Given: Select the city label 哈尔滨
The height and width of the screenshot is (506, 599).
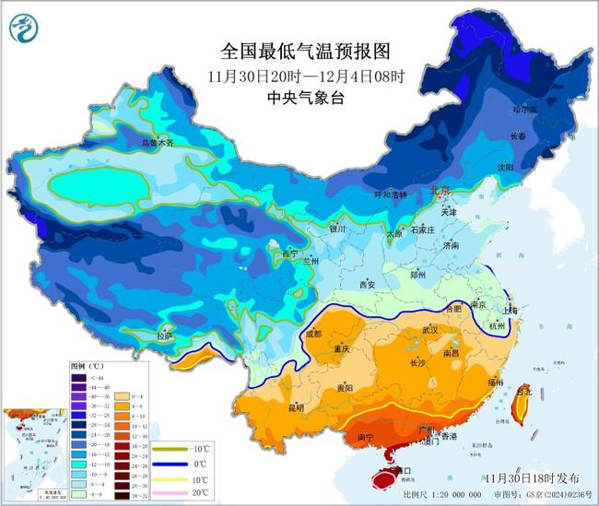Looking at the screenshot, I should point(523,109).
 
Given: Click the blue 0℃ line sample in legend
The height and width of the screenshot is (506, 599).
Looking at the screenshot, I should point(171,463).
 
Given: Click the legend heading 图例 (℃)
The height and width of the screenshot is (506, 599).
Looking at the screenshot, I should point(88,366).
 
